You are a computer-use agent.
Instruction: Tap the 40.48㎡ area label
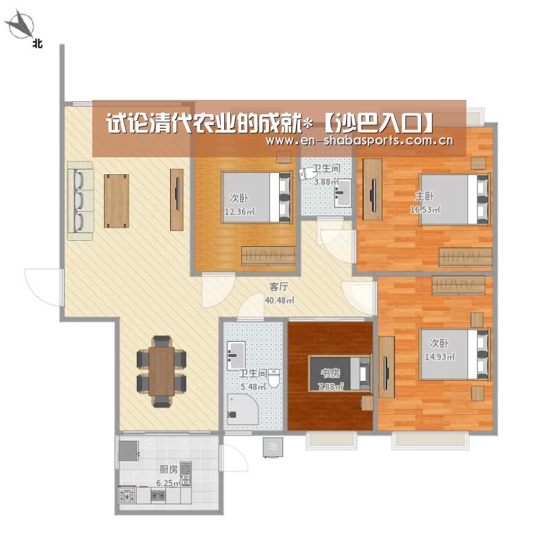pos(280,300)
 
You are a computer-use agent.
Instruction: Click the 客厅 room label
pos(279,287)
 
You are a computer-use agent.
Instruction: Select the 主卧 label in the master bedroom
pos(425,196)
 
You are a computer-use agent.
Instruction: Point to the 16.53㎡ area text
pos(425,210)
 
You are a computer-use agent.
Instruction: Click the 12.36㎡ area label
pos(239,212)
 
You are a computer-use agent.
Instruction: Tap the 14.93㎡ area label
pos(440,356)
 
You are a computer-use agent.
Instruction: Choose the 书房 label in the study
pos(330,373)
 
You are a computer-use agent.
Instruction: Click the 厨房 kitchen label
pos(168,469)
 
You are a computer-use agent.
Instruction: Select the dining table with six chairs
pos(161,371)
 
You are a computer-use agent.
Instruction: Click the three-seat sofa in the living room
pos(81,200)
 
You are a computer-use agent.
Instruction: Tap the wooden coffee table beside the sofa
pos(116,201)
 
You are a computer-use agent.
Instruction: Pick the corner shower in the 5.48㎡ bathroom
pos(242,408)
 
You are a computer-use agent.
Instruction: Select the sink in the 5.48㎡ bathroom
pos(237,356)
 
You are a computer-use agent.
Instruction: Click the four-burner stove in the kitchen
pos(127,495)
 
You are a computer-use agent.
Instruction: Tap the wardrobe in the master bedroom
pos(466,257)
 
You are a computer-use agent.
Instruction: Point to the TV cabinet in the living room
pos(177,200)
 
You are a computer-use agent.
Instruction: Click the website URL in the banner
pos(360,141)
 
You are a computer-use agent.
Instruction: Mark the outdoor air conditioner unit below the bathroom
pos(273,447)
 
